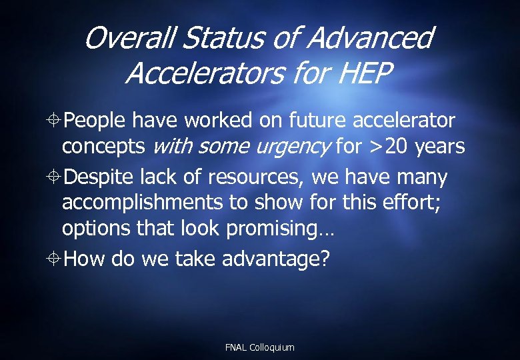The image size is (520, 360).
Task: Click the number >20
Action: [388, 146]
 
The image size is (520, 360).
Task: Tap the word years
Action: [440, 146]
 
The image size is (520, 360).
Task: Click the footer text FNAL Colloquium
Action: [260, 347]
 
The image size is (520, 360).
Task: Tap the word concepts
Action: [105, 146]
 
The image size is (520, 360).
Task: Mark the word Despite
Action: [101, 178]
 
